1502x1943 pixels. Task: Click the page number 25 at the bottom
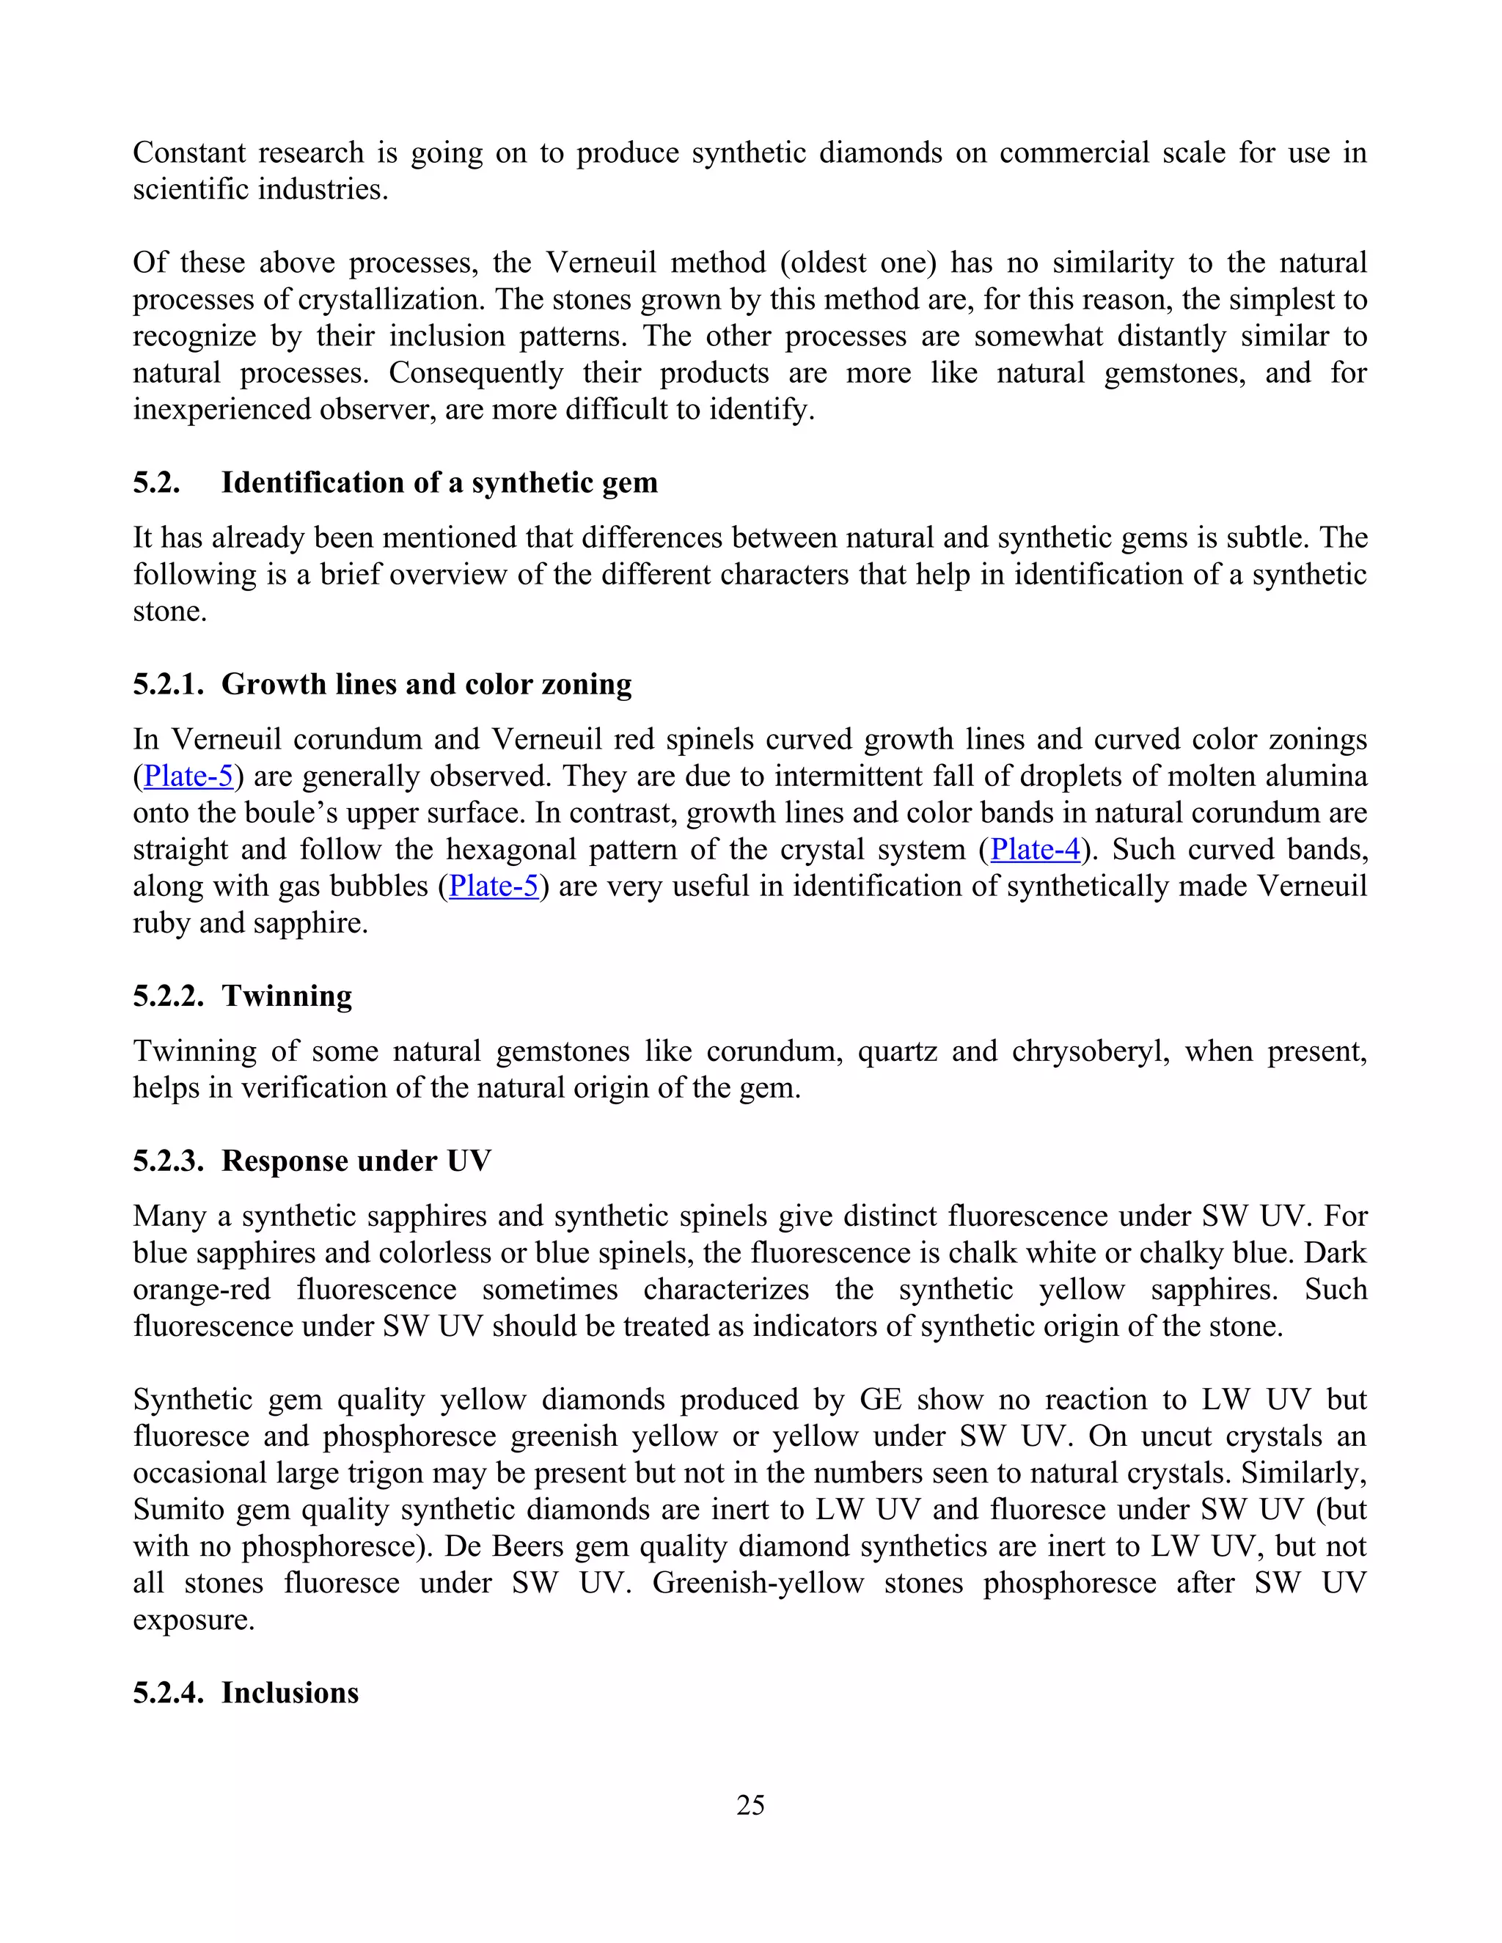(750, 1804)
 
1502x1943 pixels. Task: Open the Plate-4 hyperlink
(1035, 849)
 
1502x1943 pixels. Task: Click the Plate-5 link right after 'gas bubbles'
(494, 886)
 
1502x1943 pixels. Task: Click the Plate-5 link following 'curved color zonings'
(188, 776)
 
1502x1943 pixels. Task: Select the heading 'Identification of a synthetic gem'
(439, 482)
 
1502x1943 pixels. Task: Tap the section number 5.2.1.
(168, 684)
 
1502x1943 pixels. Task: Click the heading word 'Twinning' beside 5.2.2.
(287, 996)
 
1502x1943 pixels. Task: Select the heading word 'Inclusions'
(290, 1692)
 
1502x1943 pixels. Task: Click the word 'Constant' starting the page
(188, 153)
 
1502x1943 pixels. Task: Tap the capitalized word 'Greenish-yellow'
(758, 1584)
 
